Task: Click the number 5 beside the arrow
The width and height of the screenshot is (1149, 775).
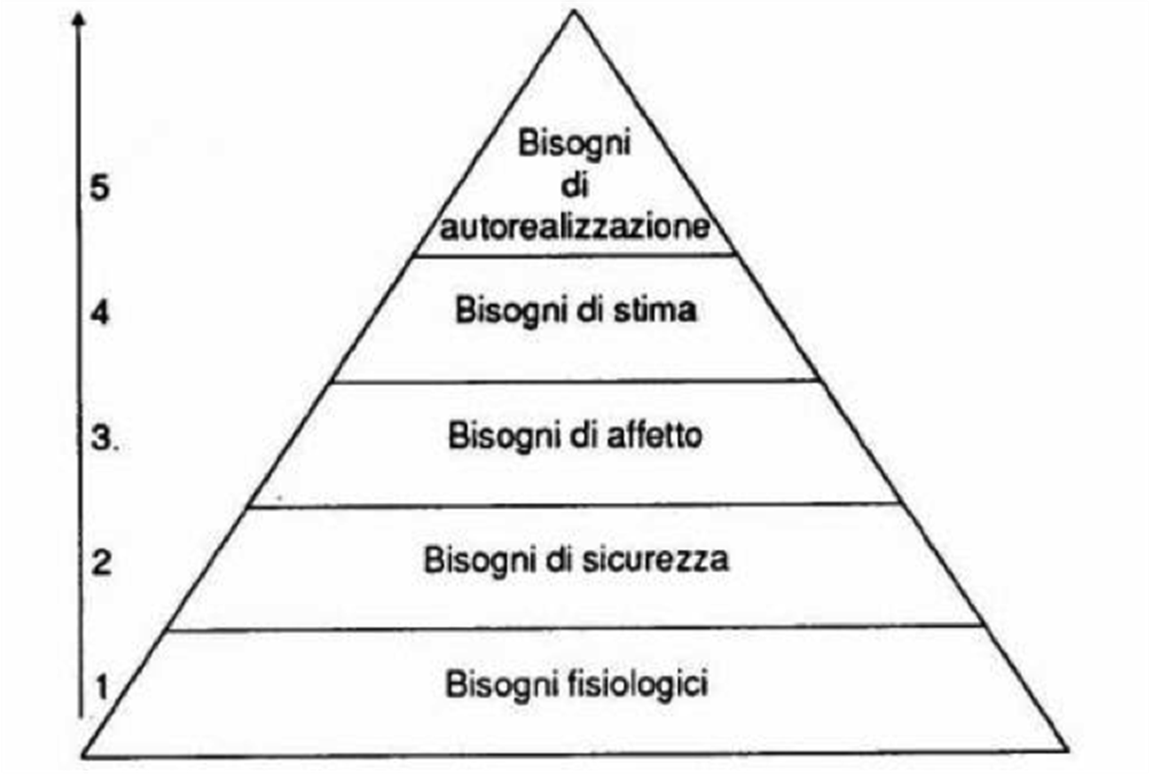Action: [100, 187]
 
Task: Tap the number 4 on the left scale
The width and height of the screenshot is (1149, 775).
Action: [100, 312]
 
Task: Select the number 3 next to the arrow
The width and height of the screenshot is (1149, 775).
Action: [102, 438]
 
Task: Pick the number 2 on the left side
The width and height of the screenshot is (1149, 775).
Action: [101, 562]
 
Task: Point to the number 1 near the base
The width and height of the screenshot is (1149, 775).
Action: [102, 687]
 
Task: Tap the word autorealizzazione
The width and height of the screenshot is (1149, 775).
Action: [575, 227]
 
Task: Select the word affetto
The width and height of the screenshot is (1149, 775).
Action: [654, 436]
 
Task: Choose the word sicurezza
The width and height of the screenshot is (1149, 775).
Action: [655, 559]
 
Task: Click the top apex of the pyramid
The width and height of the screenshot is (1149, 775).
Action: [574, 12]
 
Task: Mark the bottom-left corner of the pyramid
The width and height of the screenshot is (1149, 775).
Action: [83, 755]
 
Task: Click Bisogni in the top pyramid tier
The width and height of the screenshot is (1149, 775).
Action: [574, 145]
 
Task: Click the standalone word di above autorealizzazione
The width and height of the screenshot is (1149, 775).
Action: [574, 185]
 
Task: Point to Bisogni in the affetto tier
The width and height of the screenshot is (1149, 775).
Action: [504, 436]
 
